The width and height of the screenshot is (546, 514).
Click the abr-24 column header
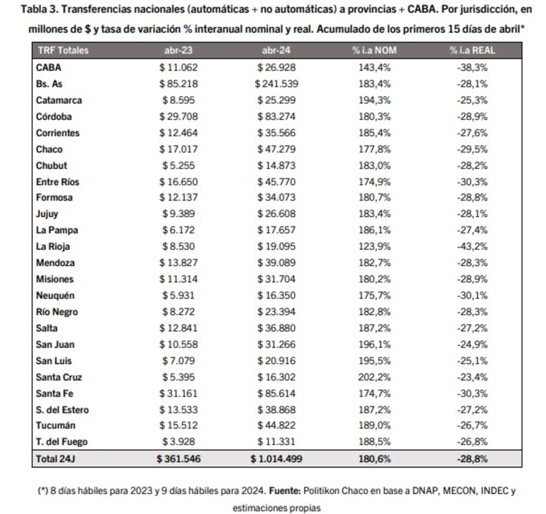coord(276,51)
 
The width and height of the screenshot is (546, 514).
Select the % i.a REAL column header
coord(472,51)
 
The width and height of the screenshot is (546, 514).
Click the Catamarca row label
coord(59,100)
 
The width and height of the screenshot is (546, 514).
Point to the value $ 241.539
coord(276,84)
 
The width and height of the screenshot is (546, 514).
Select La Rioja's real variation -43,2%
coord(472,247)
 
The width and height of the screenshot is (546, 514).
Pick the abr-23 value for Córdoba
coord(179,116)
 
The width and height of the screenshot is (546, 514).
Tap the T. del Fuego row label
coord(62,442)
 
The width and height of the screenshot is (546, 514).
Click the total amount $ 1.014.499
coord(276,459)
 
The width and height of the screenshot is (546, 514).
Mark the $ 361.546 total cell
coord(179,459)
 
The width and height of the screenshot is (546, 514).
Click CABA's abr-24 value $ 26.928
coord(276,67)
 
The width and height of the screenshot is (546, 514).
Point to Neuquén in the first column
coord(56,295)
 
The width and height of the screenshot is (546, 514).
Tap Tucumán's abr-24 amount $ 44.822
coord(276,425)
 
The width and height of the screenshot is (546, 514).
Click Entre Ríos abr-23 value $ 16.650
coord(179,182)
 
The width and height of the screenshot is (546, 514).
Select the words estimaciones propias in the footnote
coord(276,507)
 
